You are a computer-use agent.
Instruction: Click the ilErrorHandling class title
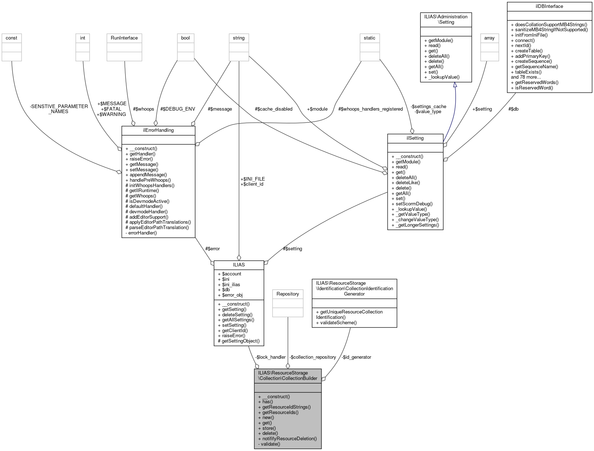(x=158, y=130)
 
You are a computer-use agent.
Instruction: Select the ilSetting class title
(x=415, y=138)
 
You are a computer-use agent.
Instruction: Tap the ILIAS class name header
(x=239, y=265)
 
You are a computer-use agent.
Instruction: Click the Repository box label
(x=288, y=294)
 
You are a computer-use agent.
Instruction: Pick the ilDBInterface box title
(x=549, y=6)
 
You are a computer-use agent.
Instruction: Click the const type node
(x=12, y=38)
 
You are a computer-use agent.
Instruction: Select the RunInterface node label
(x=124, y=38)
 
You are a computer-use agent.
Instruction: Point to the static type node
(x=369, y=38)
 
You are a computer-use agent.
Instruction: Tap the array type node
(x=489, y=38)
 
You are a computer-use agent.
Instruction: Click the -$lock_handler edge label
(x=270, y=357)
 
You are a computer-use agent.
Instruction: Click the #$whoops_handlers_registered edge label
(x=370, y=109)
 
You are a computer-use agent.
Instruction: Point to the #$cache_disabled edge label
(x=273, y=109)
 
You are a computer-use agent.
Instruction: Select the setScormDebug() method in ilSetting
(x=414, y=204)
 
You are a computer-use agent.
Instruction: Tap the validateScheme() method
(x=338, y=322)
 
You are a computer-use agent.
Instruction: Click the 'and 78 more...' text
(x=526, y=77)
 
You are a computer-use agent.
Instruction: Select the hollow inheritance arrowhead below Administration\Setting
(x=455, y=85)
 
